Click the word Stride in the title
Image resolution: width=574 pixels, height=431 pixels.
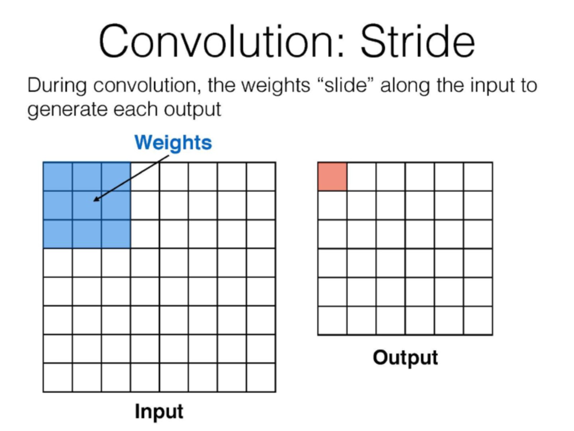pos(418,41)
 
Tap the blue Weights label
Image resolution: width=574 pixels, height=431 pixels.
pos(173,143)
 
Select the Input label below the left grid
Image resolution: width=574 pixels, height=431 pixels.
pos(159,412)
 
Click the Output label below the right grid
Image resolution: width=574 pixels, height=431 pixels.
pos(405,358)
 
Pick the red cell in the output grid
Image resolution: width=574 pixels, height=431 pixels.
pos(332,177)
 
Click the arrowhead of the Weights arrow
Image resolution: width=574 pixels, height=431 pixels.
pos(96,199)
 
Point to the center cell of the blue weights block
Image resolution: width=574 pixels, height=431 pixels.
pos(87,205)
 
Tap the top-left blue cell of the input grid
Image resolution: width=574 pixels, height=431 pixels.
pos(58,177)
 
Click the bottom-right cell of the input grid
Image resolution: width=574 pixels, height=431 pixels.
pos(261,377)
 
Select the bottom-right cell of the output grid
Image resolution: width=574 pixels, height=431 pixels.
pos(478,320)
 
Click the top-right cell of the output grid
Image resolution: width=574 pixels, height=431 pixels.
pos(478,177)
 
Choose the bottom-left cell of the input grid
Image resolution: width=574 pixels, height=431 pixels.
pos(58,377)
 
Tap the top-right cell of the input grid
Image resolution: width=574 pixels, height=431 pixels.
pos(261,177)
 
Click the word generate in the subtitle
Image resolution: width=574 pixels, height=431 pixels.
pos(67,110)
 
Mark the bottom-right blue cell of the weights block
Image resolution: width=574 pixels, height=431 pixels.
pos(116,234)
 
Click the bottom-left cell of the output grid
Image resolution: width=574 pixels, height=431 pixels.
pos(332,320)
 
